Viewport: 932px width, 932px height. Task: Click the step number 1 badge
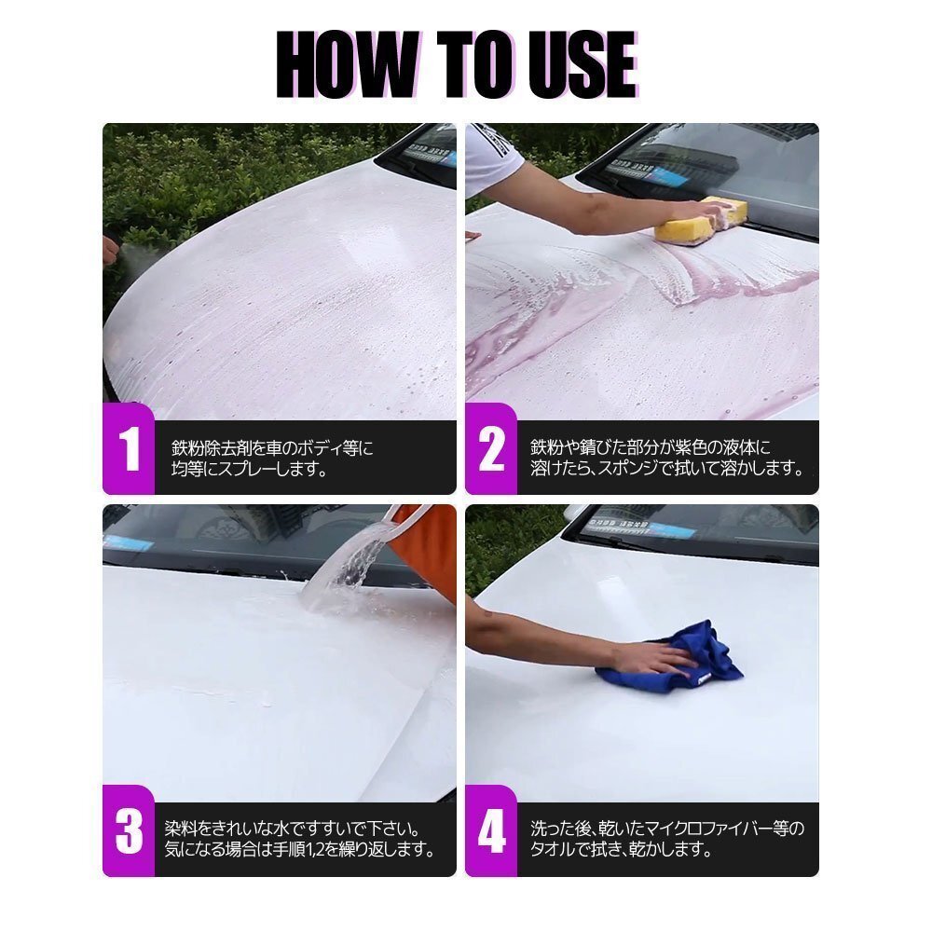pos(129,449)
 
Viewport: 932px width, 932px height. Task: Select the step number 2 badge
pos(491,449)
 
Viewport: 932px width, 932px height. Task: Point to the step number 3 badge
pos(129,831)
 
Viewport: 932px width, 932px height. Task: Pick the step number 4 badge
pos(491,831)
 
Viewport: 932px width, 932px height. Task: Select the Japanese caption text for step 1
pos(272,459)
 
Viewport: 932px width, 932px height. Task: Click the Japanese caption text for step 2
pos(667,458)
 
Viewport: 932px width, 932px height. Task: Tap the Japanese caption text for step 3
pos(300,839)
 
